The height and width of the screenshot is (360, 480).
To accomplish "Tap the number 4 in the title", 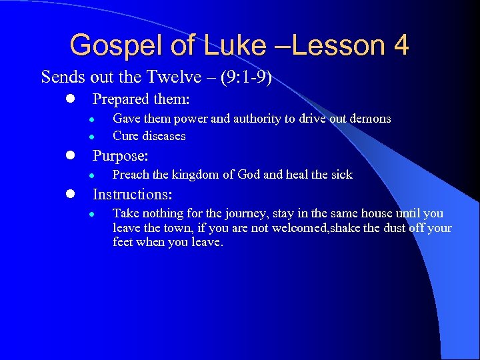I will [x=401, y=45].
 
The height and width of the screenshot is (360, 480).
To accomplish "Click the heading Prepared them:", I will [x=141, y=99].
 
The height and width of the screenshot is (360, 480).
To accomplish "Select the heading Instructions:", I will [x=132, y=195].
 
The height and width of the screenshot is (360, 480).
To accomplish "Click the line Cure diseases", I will [x=149, y=136].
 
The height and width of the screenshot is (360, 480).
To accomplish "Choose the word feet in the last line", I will [x=123, y=243].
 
